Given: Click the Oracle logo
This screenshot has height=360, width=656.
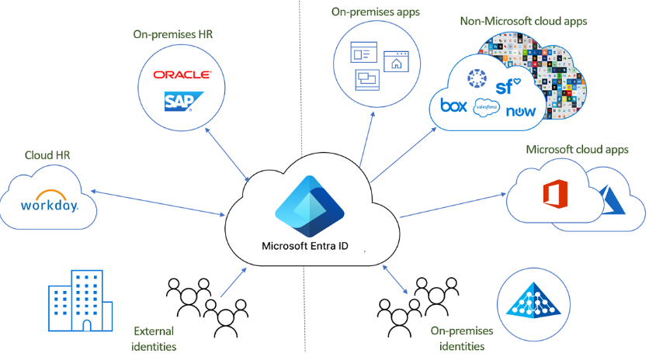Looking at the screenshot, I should point(182,74).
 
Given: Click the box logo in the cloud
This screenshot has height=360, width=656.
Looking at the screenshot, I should point(453,106).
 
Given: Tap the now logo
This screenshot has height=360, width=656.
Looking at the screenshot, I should point(520,111).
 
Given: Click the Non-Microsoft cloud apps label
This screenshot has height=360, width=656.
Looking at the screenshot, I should point(524,21).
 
